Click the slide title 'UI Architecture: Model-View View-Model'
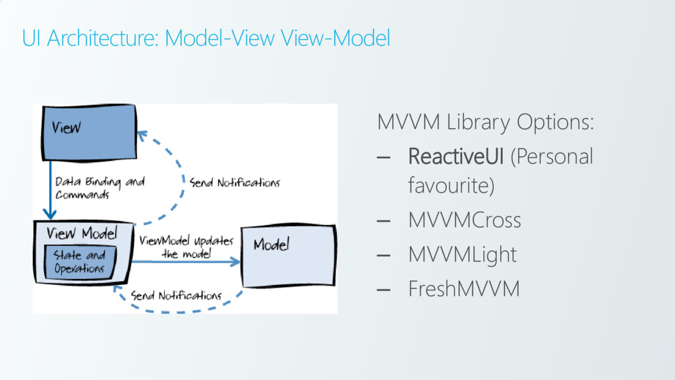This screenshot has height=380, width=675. coord(206,39)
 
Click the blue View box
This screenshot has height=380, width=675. coord(89,132)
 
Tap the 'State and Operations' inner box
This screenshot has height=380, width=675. coord(79,262)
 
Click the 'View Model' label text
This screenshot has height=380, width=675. coord(82,234)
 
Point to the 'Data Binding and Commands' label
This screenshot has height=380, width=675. coord(99,188)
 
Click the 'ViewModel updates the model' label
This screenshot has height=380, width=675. coord(186,247)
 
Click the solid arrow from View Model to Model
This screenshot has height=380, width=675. coord(185,262)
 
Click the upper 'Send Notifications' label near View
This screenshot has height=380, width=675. coord(235,183)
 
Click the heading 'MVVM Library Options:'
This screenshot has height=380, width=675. coord(485,122)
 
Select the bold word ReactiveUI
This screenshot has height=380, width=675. coord(455,157)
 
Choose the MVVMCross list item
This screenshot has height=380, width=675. coord(464,220)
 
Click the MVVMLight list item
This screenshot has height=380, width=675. coord(462,254)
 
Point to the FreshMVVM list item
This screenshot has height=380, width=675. coord(463,288)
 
